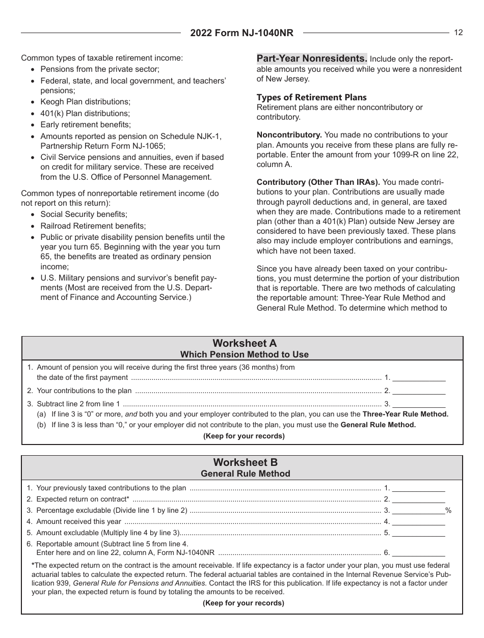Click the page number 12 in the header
(459, 33)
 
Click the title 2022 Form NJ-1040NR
(242, 33)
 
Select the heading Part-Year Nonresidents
(312, 59)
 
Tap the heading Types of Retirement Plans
(311, 97)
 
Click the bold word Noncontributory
(289, 135)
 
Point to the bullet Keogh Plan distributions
(85, 102)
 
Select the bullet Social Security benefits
(84, 214)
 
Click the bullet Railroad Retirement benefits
(93, 226)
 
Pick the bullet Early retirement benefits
(86, 124)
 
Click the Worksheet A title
(245, 343)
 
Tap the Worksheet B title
(245, 462)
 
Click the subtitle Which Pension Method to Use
(245, 354)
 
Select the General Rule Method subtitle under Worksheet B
(245, 474)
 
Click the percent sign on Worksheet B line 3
(448, 510)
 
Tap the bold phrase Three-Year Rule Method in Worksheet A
(405, 414)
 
